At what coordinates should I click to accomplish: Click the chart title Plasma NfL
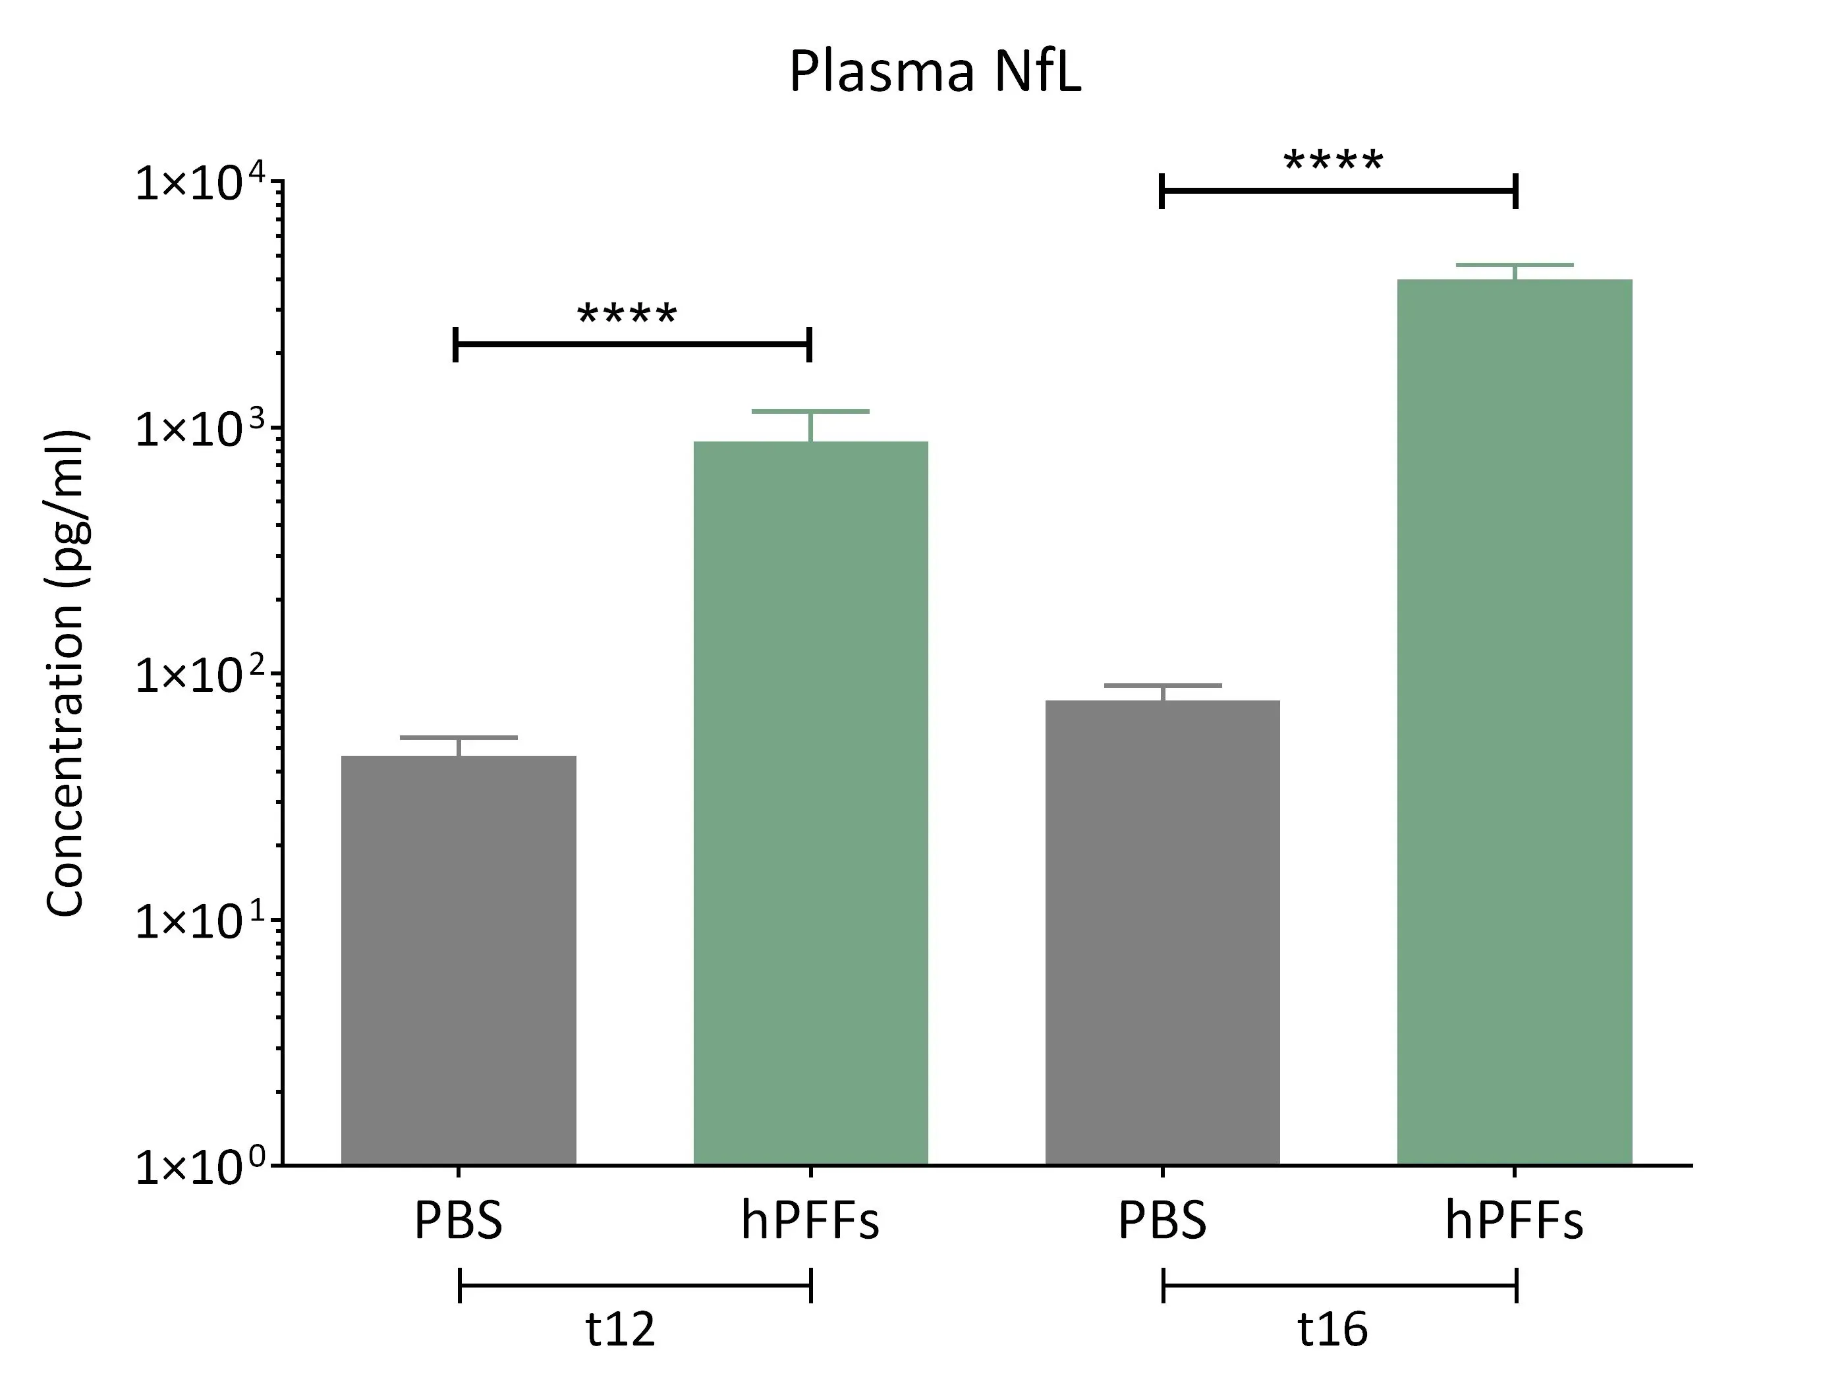[x=935, y=72]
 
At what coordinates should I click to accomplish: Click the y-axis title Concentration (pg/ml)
[x=66, y=673]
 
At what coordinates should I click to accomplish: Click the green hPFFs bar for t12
[x=810, y=803]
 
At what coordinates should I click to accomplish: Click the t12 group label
[x=620, y=1329]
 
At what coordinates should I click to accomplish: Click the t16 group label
[x=1333, y=1329]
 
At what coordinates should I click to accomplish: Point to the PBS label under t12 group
[x=459, y=1221]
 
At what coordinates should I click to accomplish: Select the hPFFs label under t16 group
[x=1514, y=1221]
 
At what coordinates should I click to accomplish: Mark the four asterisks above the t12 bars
[x=627, y=315]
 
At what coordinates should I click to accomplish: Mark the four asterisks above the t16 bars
[x=1333, y=161]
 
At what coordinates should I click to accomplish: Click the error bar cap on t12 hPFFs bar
[x=810, y=411]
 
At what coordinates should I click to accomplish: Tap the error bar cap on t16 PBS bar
[x=1162, y=685]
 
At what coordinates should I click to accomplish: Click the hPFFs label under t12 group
[x=810, y=1221]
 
